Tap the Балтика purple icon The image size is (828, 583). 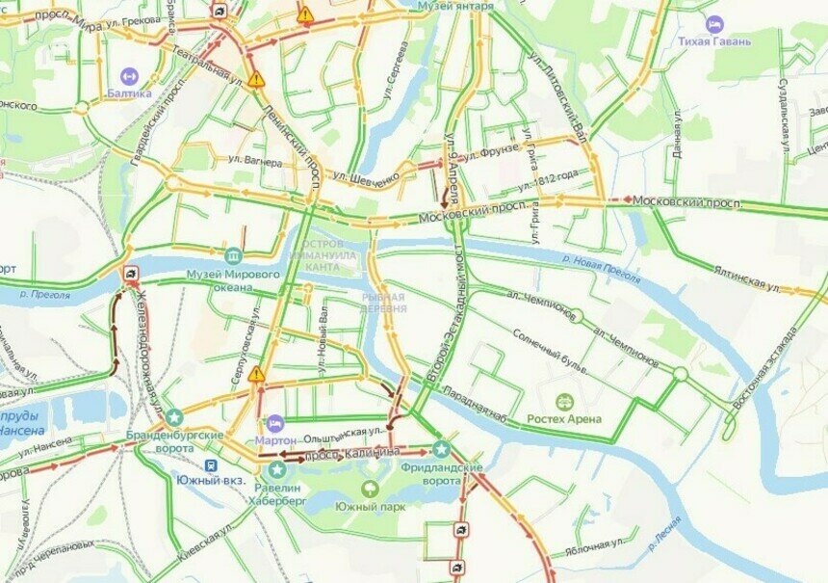click(128, 75)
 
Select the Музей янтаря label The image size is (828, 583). click(455, 6)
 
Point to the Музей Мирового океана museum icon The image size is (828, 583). click(232, 256)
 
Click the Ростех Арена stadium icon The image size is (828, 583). click(565, 402)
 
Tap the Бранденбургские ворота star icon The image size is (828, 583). click(173, 417)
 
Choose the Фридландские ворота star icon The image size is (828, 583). click(441, 448)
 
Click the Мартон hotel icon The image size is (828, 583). click(275, 423)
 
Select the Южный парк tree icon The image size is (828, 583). click(371, 489)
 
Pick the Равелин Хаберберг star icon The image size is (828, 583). click(278, 469)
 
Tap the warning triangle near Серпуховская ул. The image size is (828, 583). click(255, 373)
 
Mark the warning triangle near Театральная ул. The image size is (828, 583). click(255, 79)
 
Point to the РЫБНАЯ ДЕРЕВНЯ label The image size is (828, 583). click(383, 303)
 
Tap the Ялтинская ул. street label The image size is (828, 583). click(746, 280)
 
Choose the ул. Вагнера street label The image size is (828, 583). click(255, 162)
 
